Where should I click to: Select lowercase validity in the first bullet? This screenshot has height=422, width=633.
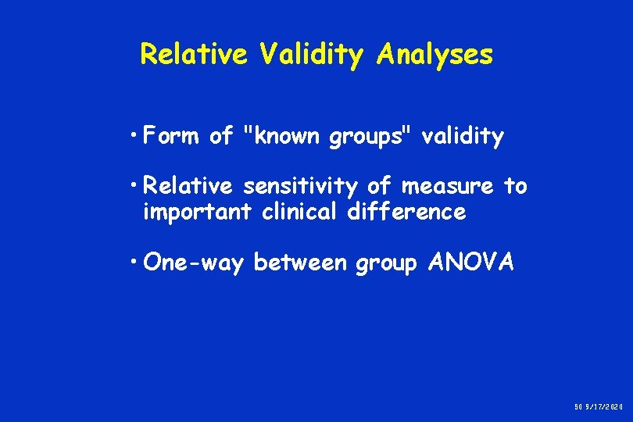(463, 138)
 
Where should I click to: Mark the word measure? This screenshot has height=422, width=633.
(446, 187)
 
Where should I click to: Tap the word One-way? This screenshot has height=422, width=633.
(195, 263)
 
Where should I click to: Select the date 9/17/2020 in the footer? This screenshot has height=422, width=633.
(607, 406)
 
